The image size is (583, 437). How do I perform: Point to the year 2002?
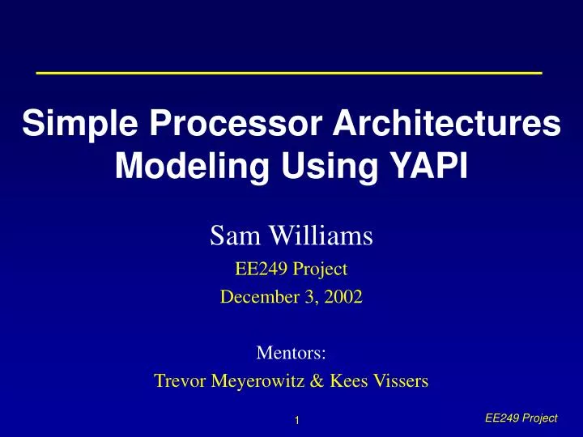tap(346, 297)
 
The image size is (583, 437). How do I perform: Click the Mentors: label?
tap(291, 353)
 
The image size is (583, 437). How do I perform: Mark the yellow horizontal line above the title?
tap(289, 73)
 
